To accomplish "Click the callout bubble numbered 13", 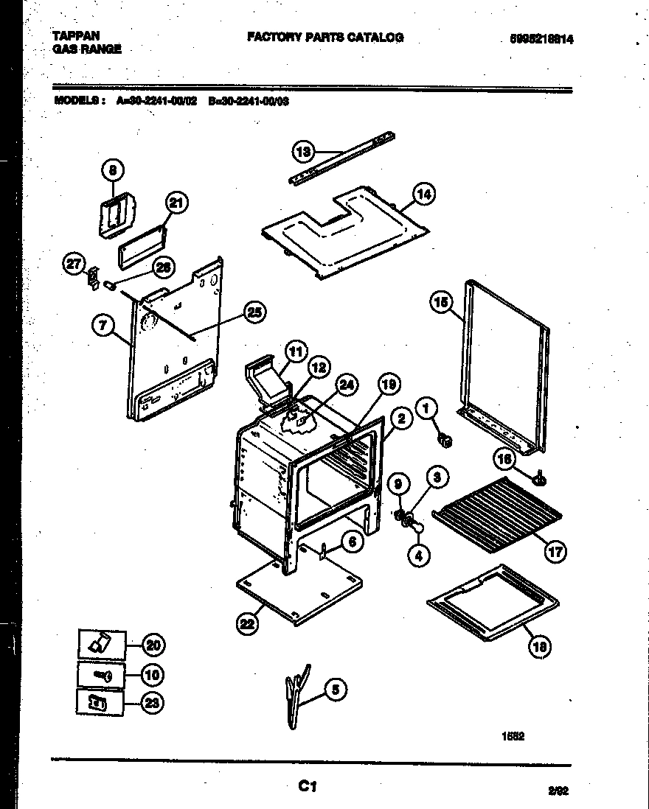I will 303,152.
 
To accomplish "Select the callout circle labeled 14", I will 423,195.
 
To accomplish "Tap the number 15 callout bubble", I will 440,302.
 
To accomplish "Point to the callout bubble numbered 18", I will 539,648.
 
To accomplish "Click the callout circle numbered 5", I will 335,690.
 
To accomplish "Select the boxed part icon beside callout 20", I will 100,645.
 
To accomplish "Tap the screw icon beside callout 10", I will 100,674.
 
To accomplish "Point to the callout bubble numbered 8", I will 113,169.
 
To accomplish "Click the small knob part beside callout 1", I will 445,441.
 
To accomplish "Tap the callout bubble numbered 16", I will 504,459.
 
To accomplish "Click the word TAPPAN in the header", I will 77,35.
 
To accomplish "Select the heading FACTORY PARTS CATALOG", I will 324,37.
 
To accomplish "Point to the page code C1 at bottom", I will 307,787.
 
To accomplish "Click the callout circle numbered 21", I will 176,204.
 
